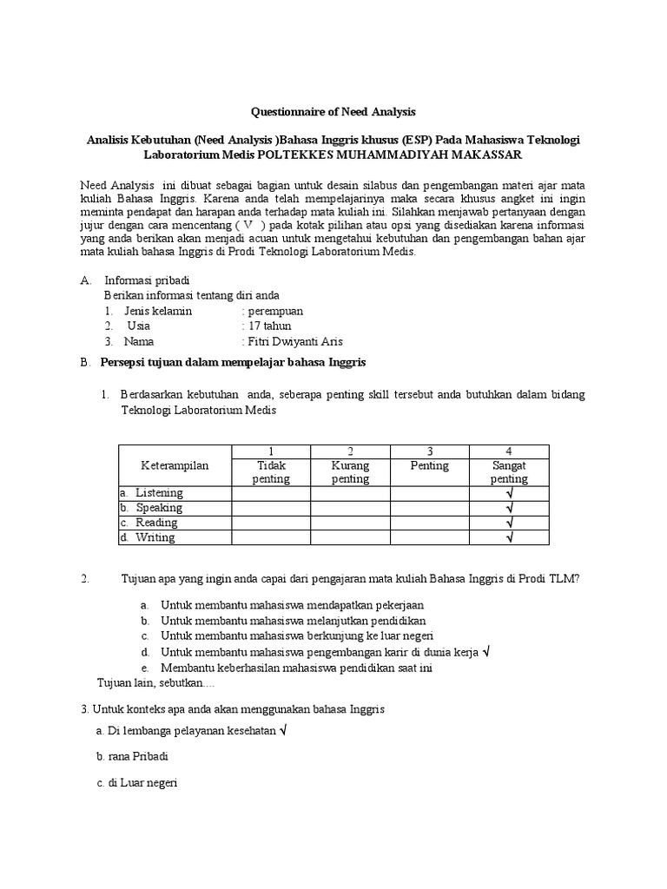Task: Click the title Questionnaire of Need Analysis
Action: [333, 112]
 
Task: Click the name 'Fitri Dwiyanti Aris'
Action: [291, 342]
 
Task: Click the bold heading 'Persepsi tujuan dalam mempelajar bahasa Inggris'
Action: [234, 362]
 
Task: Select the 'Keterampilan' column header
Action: [175, 465]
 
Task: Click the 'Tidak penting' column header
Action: [271, 471]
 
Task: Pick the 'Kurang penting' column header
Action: [350, 471]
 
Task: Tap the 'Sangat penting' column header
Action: [509, 471]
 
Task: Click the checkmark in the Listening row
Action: [509, 493]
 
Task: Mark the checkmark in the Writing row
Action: [509, 537]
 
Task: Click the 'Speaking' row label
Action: [158, 508]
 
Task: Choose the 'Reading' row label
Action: [156, 523]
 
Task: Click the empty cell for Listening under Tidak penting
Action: [271, 493]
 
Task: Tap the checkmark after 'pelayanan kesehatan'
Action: [284, 732]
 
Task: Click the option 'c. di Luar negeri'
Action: [137, 782]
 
